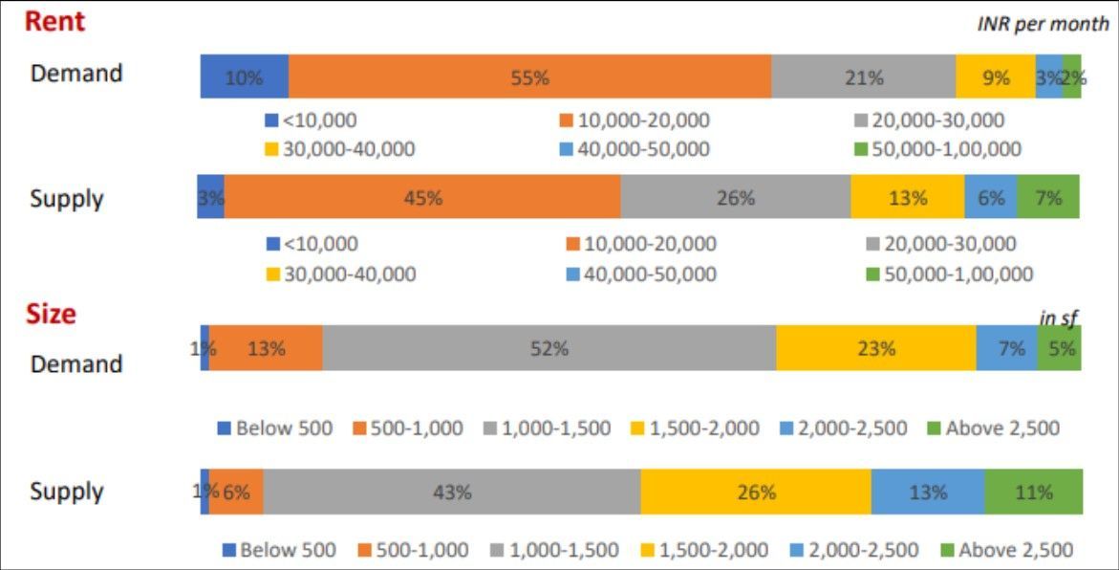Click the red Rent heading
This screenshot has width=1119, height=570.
(54, 21)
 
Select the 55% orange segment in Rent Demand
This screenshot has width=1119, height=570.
(529, 77)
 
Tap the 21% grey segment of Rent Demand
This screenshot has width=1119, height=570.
(863, 77)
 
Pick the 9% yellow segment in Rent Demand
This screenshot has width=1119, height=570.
(995, 77)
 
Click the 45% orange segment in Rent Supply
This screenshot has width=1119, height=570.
(422, 198)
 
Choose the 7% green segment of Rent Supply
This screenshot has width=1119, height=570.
(1048, 198)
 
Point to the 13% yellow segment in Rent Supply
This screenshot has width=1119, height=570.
(907, 198)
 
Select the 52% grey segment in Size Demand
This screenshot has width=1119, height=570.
(549, 348)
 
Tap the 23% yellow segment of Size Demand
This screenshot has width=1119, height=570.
(875, 348)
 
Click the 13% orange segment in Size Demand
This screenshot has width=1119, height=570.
(266, 348)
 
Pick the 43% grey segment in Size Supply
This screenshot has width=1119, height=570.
(451, 492)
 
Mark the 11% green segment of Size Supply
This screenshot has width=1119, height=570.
(1033, 492)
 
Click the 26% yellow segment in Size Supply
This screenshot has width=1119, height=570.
(756, 492)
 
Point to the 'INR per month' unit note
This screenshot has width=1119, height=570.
(1043, 24)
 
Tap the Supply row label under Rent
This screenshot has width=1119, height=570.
(67, 199)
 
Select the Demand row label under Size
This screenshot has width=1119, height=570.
(76, 363)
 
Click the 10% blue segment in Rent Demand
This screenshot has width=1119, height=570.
(244, 77)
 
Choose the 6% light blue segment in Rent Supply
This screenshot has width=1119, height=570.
(990, 198)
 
